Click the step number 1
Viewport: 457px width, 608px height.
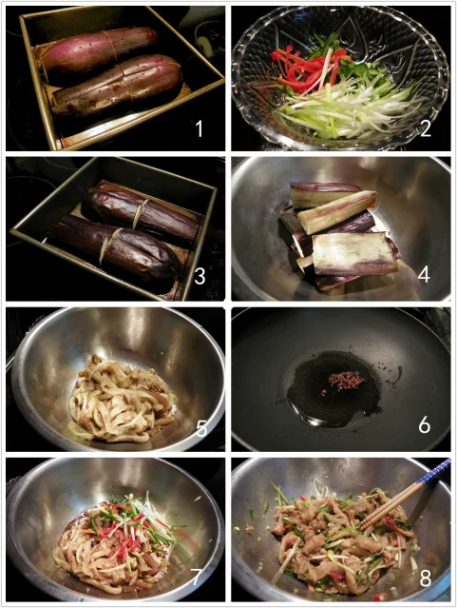tap(200, 128)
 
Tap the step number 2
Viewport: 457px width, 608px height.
tap(425, 127)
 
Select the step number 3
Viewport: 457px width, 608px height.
tap(200, 276)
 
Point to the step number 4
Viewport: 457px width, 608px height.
tap(424, 275)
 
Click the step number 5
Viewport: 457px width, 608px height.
tap(201, 428)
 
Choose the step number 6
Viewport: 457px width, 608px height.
tap(425, 425)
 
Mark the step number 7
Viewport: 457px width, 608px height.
tap(196, 578)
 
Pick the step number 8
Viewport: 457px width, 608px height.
tap(426, 579)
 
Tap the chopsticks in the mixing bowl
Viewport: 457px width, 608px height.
tap(406, 492)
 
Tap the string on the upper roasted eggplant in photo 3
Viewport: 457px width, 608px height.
tap(141, 214)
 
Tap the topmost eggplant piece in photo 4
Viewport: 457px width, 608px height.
tap(325, 193)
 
